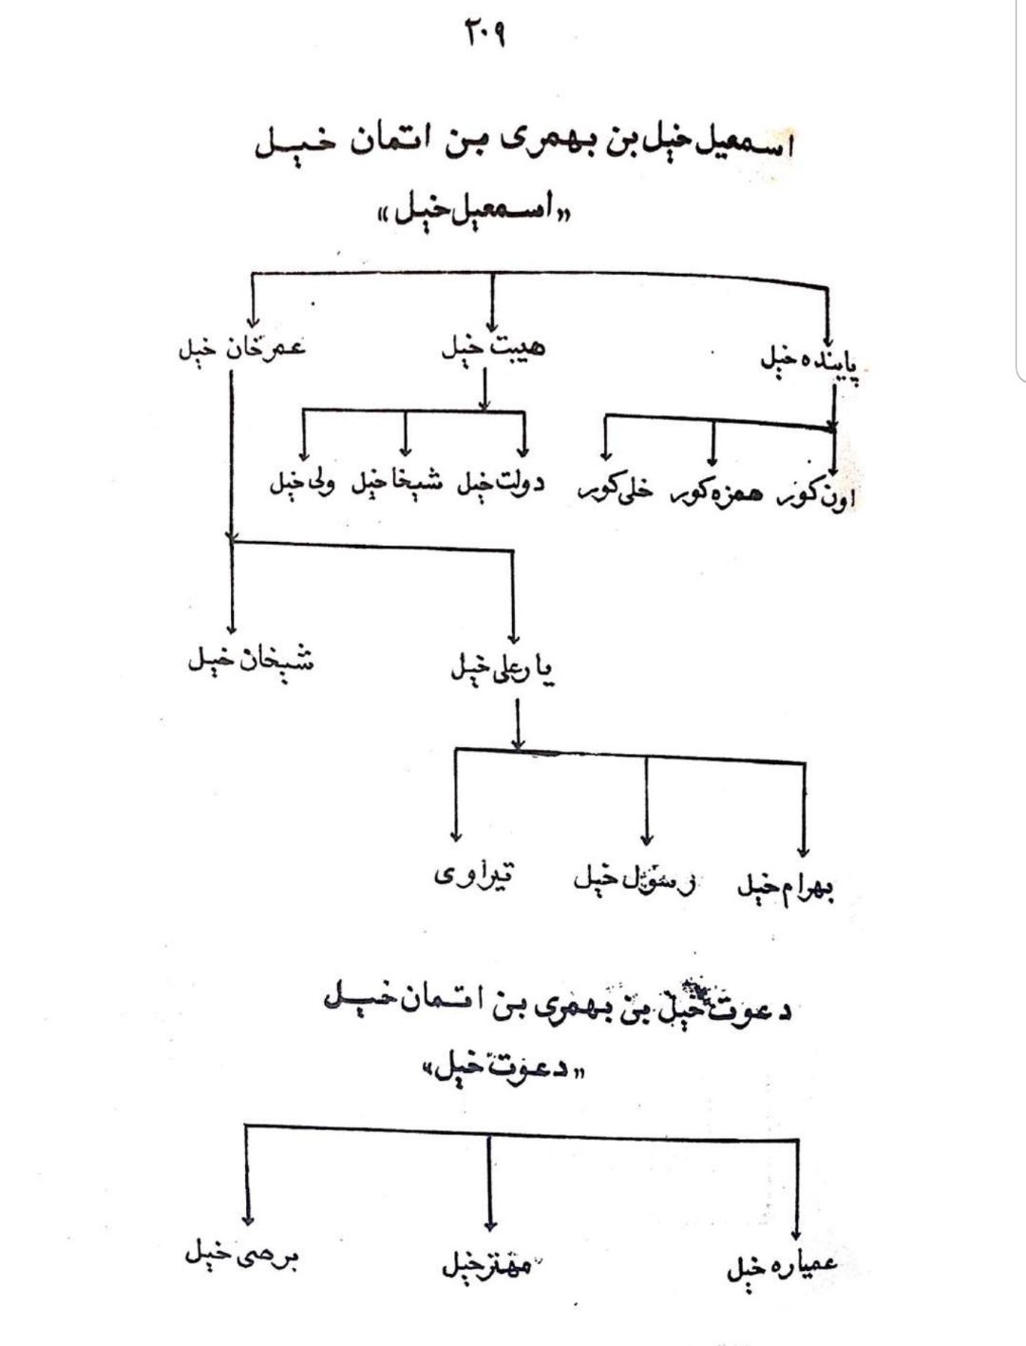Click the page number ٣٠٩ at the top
tap(484, 37)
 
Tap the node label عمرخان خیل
tap(242, 350)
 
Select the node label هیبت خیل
tap(493, 349)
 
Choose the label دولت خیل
tap(501, 484)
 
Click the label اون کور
tap(816, 495)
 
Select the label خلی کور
tap(615, 490)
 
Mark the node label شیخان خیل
tap(249, 660)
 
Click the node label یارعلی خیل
tap(503, 670)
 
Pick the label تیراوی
tap(472, 875)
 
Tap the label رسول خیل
tap(634, 881)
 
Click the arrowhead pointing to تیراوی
tap(456, 836)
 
